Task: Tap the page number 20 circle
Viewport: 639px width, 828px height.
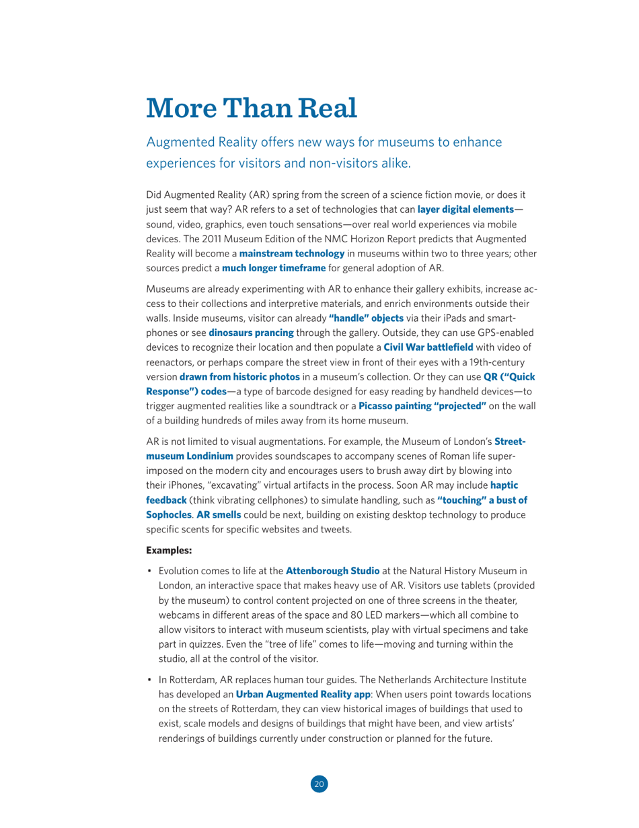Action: click(319, 784)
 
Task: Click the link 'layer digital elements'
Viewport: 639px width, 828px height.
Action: click(465, 210)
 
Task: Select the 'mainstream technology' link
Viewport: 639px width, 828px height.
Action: click(292, 253)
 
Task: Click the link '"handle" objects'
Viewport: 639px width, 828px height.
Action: click(366, 318)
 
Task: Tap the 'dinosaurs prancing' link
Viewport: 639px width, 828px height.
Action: click(251, 333)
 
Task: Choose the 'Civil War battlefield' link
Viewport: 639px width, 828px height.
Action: click(428, 347)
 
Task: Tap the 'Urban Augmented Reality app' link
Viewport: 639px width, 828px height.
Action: click(290, 693)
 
